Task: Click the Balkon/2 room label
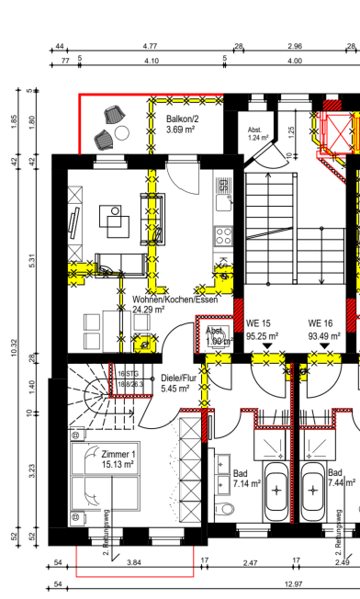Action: (x=182, y=119)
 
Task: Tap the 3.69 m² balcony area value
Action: (x=181, y=130)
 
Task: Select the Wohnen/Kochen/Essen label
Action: (x=174, y=299)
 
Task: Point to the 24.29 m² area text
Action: (x=149, y=311)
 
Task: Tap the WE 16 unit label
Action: (x=320, y=323)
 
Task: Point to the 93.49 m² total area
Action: (x=323, y=336)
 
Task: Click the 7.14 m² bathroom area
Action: (x=247, y=482)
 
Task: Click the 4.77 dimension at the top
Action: (x=150, y=45)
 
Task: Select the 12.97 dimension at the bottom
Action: (x=294, y=583)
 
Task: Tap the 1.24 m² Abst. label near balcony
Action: (x=258, y=138)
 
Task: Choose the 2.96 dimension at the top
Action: (x=295, y=45)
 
